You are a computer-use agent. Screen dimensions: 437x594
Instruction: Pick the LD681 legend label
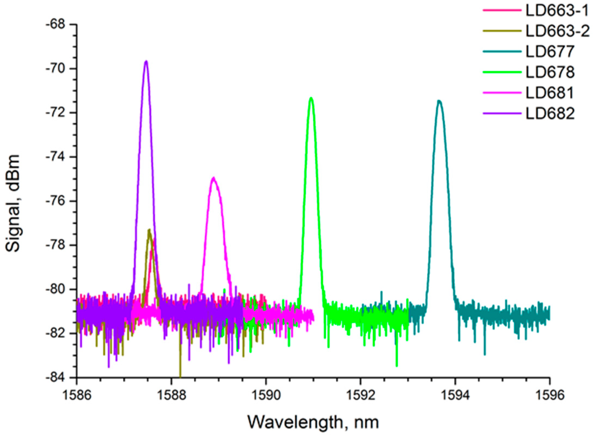(549, 93)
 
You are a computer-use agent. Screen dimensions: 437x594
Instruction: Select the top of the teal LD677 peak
(439, 101)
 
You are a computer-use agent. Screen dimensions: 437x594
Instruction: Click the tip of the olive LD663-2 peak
(149, 230)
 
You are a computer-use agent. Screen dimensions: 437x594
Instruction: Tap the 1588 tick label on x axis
(171, 396)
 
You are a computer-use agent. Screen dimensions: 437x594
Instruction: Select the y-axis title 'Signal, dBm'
(13, 203)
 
